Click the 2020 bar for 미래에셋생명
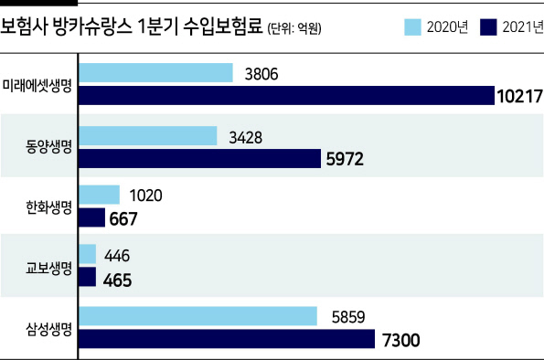[x=155, y=73]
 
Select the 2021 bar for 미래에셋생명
[x=286, y=95]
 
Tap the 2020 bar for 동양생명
[x=148, y=136]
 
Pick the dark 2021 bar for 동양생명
[x=200, y=159]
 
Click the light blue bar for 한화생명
[x=100, y=195]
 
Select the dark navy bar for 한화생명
[x=92, y=217]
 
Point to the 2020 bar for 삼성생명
[x=197, y=316]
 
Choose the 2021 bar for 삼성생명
[x=227, y=339]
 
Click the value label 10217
[x=520, y=96]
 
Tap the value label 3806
[x=261, y=74]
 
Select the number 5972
[x=345, y=159]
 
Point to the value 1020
[x=146, y=196]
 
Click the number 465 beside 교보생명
[x=117, y=281]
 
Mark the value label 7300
[x=401, y=340]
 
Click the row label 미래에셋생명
[x=37, y=85]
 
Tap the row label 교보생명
[x=48, y=268]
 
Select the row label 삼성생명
[x=48, y=329]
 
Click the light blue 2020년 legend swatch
[x=413, y=27]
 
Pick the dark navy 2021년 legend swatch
[x=488, y=27]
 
